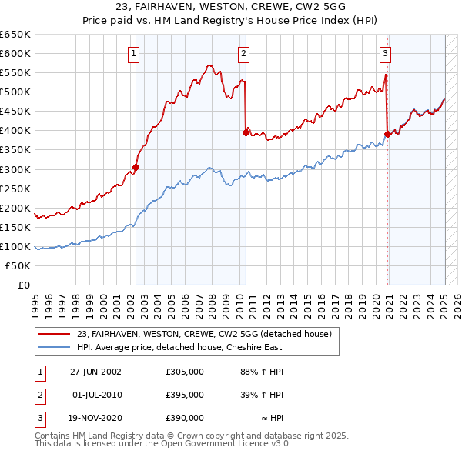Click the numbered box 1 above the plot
click(134, 54)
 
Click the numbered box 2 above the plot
click(243, 54)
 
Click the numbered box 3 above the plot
click(385, 54)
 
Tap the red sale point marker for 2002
click(136, 166)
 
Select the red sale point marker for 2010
click(246, 132)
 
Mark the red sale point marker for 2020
click(387, 134)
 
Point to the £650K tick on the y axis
click(15, 35)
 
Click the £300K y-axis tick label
click(15, 169)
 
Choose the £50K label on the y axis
click(18, 265)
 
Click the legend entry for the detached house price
click(204, 334)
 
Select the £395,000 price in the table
click(185, 395)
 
